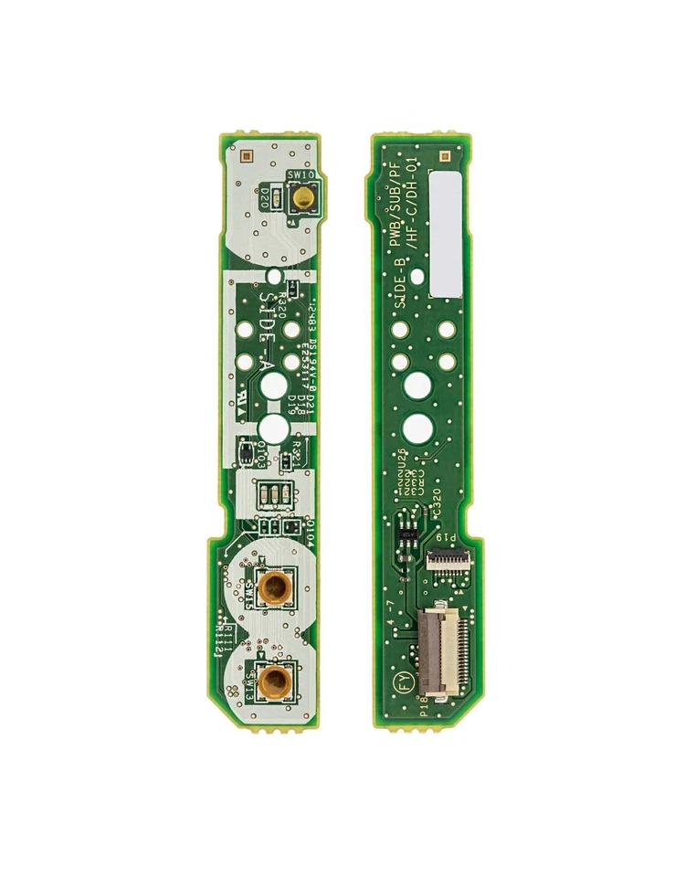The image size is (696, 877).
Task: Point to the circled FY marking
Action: pyautogui.click(x=398, y=681)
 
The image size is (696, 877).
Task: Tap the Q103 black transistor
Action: pyautogui.click(x=247, y=449)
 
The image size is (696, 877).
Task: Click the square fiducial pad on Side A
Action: pyautogui.click(x=244, y=148)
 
